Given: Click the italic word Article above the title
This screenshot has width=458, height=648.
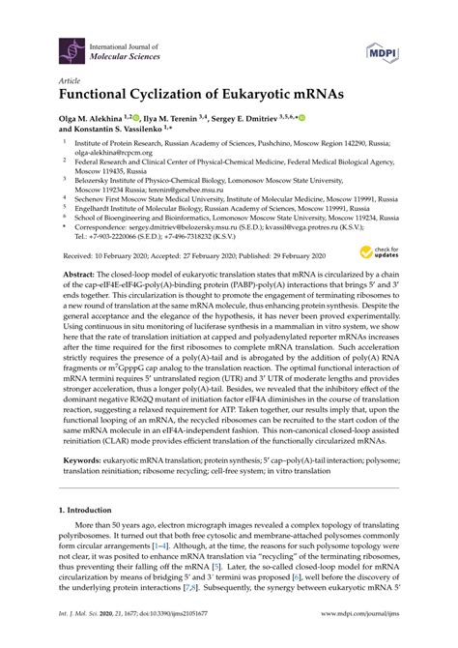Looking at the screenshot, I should tap(72, 80).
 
